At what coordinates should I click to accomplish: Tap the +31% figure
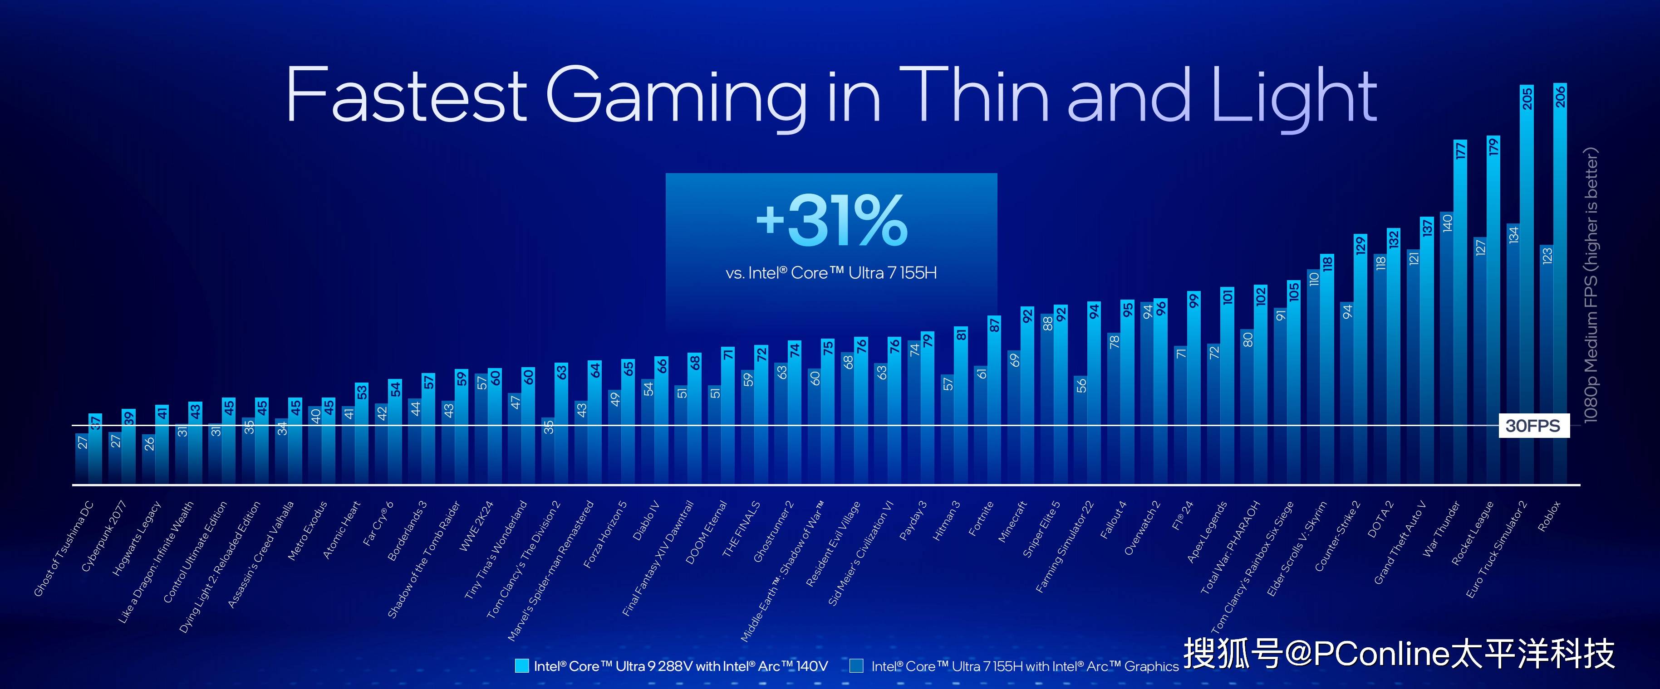pos(831,221)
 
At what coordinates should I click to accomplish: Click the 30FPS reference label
pos(1532,426)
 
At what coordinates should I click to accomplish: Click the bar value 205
pos(1527,98)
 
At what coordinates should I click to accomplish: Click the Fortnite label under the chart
pos(982,519)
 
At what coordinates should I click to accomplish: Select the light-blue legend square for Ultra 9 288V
pos(522,666)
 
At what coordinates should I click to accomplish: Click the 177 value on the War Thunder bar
pos(1460,150)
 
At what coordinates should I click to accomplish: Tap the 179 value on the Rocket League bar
pos(1493,147)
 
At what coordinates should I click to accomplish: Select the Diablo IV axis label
pos(646,520)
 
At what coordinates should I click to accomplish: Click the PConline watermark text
pos(1398,654)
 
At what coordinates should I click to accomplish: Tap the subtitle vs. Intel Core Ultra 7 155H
pos(831,273)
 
